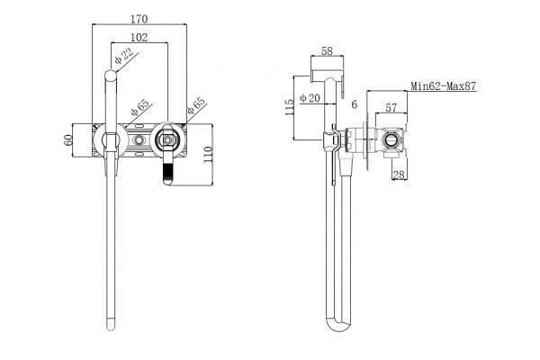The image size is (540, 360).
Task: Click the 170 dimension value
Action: click(x=139, y=19)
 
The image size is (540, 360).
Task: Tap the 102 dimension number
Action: click(x=139, y=37)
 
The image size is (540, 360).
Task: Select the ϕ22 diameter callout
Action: click(x=124, y=56)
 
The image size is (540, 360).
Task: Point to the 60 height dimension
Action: click(x=68, y=139)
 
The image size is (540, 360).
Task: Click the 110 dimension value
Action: click(x=208, y=155)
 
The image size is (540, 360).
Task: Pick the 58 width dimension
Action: click(x=328, y=51)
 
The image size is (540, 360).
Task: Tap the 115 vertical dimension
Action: click(x=289, y=107)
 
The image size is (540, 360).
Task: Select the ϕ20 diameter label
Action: click(x=310, y=98)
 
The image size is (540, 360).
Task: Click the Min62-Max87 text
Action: click(x=444, y=85)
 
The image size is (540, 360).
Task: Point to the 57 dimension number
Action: click(x=391, y=108)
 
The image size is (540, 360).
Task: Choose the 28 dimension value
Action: click(x=399, y=175)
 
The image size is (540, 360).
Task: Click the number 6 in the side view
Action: click(x=355, y=104)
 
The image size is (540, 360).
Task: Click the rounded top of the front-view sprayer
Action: click(x=111, y=76)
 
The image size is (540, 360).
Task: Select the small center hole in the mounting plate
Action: click(x=139, y=139)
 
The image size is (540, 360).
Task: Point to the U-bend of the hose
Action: click(x=339, y=325)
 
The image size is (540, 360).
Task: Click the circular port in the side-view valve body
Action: click(x=391, y=139)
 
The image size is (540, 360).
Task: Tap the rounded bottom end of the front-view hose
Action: click(x=111, y=325)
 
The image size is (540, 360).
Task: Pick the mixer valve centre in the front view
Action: click(x=167, y=139)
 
